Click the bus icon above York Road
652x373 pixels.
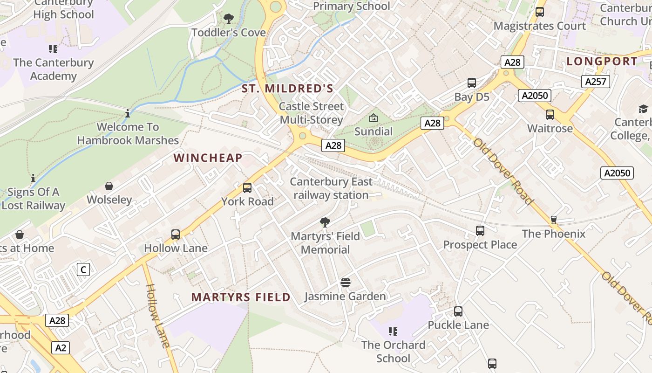[247, 188]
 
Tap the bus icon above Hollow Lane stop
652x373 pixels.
[176, 235]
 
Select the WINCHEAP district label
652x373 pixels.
[208, 158]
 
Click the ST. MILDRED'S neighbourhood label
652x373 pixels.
[287, 88]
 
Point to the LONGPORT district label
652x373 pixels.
[602, 61]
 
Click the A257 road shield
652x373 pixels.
[596, 82]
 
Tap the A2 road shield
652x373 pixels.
[61, 347]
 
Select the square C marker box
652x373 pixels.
[83, 269]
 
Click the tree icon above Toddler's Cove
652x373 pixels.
[229, 19]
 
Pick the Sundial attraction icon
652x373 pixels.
[374, 118]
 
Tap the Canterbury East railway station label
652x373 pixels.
[331, 188]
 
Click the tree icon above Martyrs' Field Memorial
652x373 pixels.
[325, 222]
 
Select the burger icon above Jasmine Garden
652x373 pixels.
[345, 283]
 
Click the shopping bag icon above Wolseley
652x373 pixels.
[109, 186]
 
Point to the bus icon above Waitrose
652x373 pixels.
[550, 115]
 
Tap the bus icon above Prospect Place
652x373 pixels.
[480, 231]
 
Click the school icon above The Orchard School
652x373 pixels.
[393, 332]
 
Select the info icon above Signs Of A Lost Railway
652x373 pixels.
[33, 178]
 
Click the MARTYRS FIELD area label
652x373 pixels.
[241, 297]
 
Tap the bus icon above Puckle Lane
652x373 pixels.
[458, 311]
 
